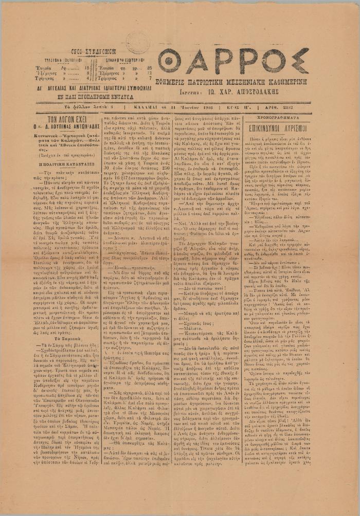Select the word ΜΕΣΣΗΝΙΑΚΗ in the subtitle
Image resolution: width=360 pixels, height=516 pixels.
tap(257, 81)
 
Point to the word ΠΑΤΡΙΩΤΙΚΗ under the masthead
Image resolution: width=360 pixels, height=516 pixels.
tap(209, 81)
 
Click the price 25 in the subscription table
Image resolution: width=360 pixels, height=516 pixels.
tap(150, 67)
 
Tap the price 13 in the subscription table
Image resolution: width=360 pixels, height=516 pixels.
tap(150, 73)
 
